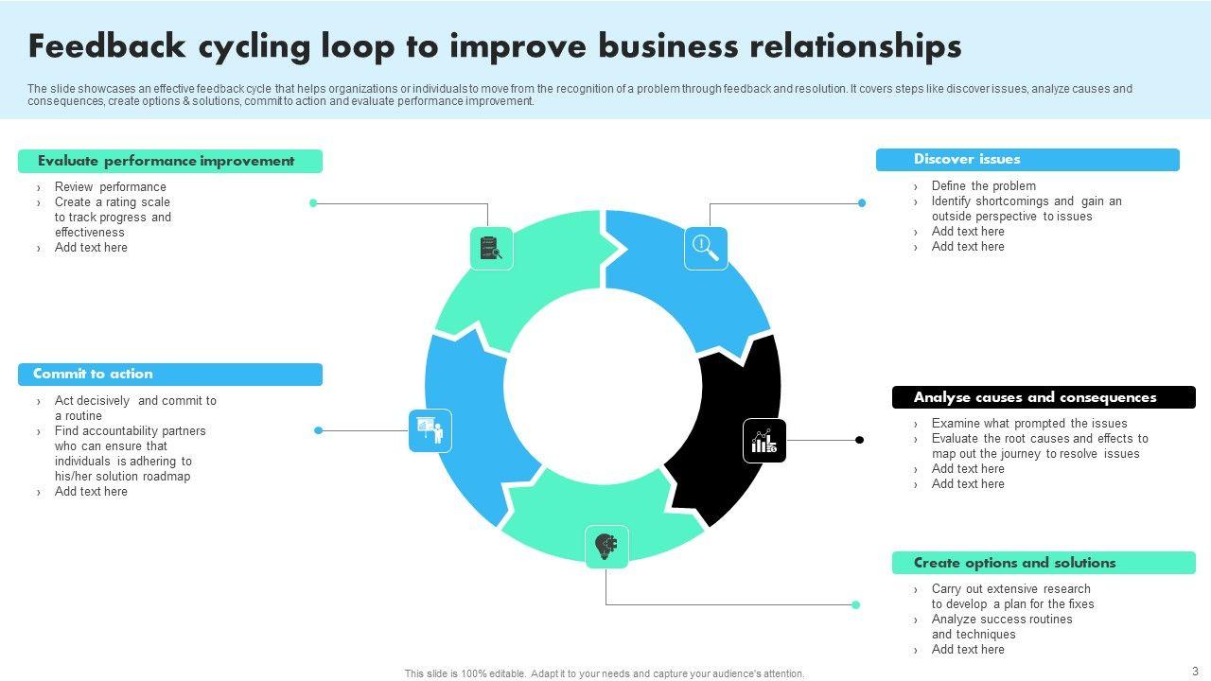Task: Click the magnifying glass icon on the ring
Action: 706,248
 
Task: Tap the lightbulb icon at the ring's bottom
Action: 606,546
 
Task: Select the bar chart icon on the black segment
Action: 764,441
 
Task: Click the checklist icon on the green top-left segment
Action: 491,248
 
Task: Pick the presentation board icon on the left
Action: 430,431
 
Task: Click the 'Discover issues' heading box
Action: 1027,160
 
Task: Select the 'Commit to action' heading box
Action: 170,375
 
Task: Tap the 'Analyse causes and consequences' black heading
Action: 1044,397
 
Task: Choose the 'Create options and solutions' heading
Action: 1044,563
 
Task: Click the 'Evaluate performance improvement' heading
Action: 170,161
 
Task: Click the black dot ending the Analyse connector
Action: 859,440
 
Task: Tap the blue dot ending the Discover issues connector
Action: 862,202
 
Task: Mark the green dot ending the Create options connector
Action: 855,604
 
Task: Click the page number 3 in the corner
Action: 1195,671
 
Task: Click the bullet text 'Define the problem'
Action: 983,186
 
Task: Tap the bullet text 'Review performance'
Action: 110,187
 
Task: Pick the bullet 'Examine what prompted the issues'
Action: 1028,424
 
